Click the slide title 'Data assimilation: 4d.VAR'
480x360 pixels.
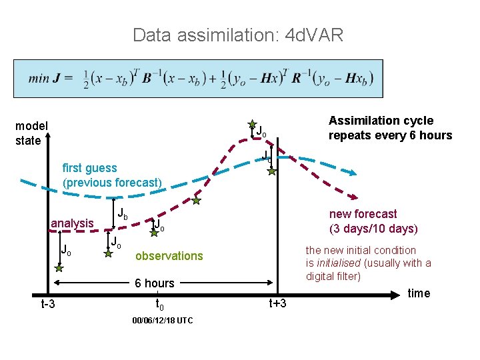[x=238, y=35]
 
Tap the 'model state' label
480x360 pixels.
[x=31, y=133]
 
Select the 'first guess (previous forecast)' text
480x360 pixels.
[x=112, y=175]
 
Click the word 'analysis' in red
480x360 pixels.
[x=72, y=223]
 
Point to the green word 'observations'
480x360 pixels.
[x=169, y=256]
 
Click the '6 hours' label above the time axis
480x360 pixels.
[x=154, y=283]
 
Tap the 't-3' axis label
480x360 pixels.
[x=48, y=305]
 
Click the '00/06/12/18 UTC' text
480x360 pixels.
[x=163, y=321]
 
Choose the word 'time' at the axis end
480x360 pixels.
[x=419, y=293]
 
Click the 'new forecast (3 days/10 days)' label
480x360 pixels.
[x=372, y=221]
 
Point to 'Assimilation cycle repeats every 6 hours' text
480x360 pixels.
[x=390, y=128]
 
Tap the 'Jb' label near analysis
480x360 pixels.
[x=123, y=215]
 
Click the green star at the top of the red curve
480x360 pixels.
[x=252, y=124]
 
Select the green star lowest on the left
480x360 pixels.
[x=59, y=268]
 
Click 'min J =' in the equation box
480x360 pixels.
[x=51, y=79]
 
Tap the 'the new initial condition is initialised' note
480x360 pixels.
[x=368, y=263]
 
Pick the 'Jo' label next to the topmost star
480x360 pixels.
[x=262, y=131]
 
